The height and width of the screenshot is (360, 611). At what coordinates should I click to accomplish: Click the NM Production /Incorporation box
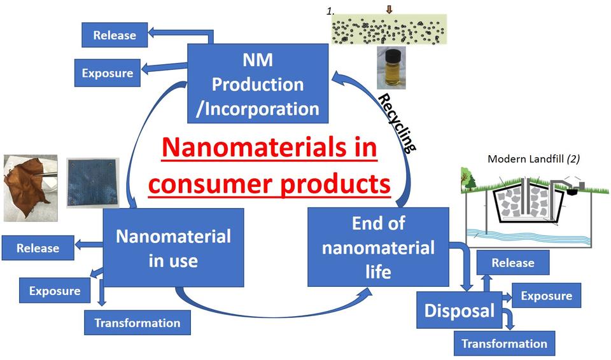coord(258,83)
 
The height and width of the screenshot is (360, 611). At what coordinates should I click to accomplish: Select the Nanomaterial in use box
coord(173,247)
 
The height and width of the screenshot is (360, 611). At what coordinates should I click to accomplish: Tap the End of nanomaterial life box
coord(378,247)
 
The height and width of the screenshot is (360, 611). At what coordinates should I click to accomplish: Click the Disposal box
coord(459,310)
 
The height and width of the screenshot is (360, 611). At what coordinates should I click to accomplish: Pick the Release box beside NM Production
coord(115,35)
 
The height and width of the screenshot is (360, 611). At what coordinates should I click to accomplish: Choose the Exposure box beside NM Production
coord(107,73)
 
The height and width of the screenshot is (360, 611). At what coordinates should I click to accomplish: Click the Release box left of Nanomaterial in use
coord(38,248)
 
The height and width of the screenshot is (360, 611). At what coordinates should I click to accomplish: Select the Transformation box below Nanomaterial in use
coord(137,323)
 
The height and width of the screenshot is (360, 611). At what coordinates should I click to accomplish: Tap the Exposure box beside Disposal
coord(546,296)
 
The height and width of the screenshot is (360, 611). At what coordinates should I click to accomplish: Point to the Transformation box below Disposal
coord(504,343)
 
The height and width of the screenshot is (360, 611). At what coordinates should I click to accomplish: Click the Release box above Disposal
coord(512,263)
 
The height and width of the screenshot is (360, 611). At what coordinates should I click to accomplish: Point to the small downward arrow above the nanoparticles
coord(390,9)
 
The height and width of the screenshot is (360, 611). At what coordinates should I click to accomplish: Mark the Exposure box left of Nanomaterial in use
coord(55,291)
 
